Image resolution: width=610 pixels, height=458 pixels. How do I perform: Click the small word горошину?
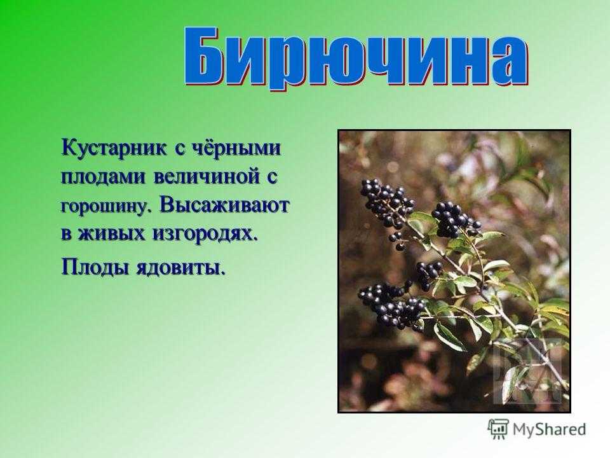click(105, 206)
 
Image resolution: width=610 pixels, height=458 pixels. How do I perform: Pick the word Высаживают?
click(224, 205)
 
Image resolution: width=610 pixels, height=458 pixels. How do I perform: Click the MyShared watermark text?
click(549, 429)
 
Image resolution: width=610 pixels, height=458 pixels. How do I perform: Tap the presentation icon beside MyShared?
click(498, 429)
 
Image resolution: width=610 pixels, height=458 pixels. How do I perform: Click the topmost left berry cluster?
click(386, 206)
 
